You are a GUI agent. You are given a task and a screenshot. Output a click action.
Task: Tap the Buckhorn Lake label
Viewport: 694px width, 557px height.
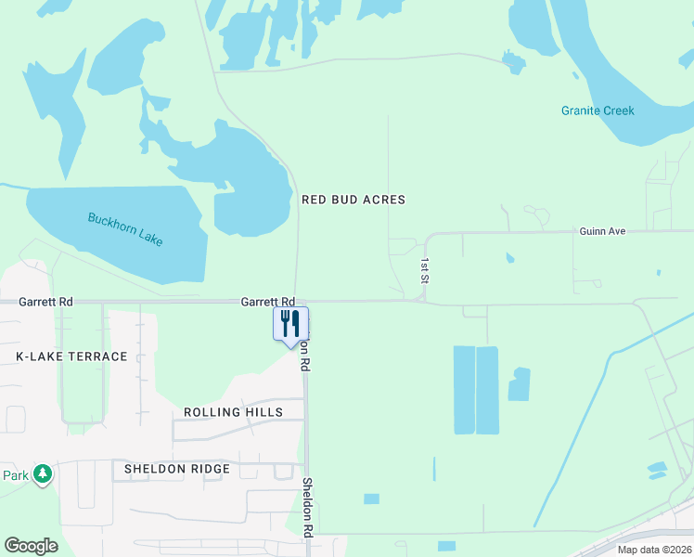[125, 229]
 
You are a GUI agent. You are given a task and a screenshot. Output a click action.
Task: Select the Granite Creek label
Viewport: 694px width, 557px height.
[598, 110]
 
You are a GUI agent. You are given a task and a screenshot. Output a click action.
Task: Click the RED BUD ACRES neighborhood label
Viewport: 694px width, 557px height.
[353, 200]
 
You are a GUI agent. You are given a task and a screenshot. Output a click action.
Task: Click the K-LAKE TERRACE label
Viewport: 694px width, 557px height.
[71, 356]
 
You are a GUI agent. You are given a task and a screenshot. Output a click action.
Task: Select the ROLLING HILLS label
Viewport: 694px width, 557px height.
[232, 412]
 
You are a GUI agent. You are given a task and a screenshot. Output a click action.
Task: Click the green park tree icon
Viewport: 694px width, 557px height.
[42, 475]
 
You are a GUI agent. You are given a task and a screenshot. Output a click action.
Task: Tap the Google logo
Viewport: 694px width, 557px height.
[31, 546]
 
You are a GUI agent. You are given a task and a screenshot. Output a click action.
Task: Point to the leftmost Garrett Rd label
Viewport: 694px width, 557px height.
[45, 302]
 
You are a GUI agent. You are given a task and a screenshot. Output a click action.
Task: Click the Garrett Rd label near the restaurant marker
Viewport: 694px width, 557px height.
[268, 302]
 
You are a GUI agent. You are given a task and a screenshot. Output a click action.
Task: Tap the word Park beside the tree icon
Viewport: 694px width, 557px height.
[15, 475]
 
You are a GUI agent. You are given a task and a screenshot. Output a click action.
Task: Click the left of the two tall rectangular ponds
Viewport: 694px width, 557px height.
[464, 390]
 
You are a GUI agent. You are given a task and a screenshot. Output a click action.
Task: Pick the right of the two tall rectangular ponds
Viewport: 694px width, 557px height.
[487, 390]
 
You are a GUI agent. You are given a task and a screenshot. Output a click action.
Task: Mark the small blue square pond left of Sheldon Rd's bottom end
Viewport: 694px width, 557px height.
[371, 499]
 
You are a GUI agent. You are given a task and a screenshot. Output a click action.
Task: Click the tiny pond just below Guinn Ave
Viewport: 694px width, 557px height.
[508, 257]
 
